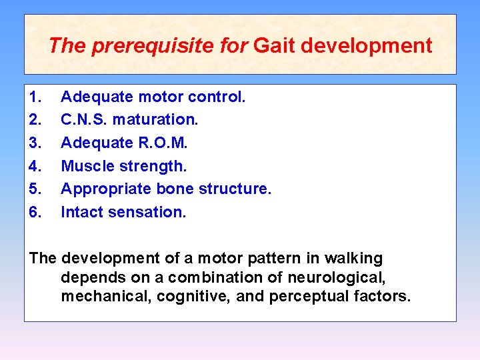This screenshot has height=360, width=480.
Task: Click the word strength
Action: (x=151, y=166)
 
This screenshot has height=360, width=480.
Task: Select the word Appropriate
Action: (x=107, y=189)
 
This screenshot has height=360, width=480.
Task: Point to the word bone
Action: (x=175, y=189)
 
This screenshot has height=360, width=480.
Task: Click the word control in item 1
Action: (x=217, y=97)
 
